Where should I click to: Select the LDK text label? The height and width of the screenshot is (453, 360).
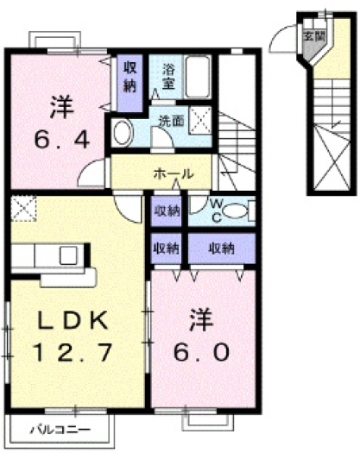73,321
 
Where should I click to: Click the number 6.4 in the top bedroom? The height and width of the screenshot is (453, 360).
60,139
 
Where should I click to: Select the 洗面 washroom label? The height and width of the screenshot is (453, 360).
169,121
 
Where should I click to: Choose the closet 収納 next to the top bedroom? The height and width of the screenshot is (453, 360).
129,77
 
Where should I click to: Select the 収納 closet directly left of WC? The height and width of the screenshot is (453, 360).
167,210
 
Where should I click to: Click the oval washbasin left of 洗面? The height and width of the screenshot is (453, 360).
122,134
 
